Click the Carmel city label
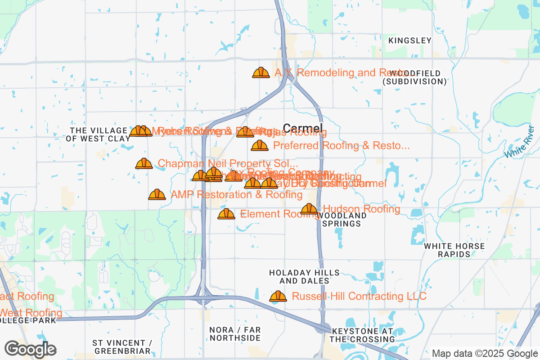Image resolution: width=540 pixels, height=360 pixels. click(x=303, y=128)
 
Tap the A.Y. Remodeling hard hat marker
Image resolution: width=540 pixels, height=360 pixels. click(x=261, y=72)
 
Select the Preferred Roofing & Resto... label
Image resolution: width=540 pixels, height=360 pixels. click(x=341, y=146)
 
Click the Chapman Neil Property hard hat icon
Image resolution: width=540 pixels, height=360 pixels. click(x=144, y=163)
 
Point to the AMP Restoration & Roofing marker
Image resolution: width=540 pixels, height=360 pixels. click(x=157, y=194)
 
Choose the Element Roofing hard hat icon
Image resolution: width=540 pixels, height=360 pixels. click(x=226, y=214)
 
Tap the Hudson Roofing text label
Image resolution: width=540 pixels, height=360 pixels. click(x=361, y=209)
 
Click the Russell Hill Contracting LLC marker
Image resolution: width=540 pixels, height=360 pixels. click(x=278, y=296)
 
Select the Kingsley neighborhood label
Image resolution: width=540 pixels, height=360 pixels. click(x=410, y=40)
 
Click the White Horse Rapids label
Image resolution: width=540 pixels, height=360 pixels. click(x=454, y=250)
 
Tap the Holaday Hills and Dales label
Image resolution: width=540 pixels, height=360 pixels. click(x=304, y=277)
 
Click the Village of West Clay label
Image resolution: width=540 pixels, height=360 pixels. click(x=99, y=135)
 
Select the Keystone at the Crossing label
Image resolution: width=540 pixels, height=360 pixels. click(x=362, y=335)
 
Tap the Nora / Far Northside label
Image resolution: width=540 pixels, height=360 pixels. click(x=235, y=334)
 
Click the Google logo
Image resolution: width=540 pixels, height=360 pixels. click(x=30, y=349)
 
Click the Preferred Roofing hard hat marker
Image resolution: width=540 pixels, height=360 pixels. click(x=260, y=145)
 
